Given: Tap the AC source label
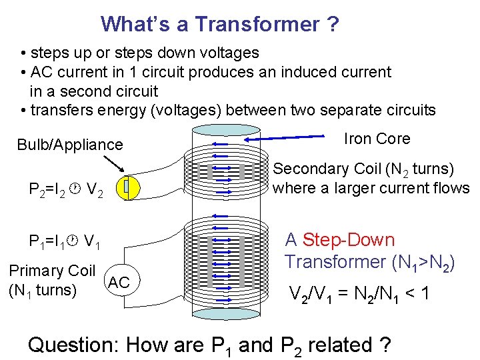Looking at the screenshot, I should click(x=119, y=282).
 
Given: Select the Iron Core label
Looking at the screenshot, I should click(x=377, y=139).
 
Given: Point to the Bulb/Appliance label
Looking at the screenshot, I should click(x=70, y=145).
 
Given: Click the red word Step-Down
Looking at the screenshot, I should click(x=348, y=240).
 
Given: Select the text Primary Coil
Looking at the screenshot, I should click(x=52, y=271).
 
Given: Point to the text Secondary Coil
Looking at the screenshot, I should click(x=316, y=169).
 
